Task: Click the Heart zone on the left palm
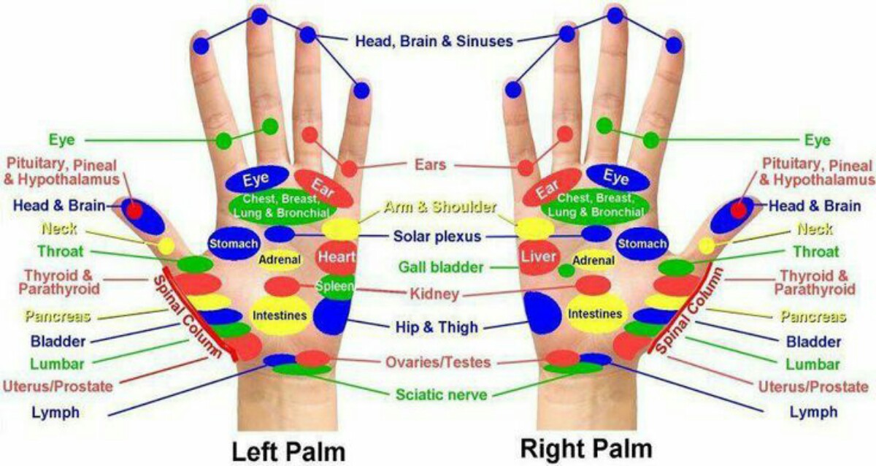point(337,257)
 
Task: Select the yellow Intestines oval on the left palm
point(280,315)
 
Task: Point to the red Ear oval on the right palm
point(552,188)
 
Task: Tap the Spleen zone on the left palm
point(336,286)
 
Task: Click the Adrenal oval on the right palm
point(593,259)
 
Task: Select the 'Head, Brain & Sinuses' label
point(434,41)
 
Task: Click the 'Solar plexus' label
point(437,236)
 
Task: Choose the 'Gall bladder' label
point(440,267)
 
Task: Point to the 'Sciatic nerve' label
point(441,394)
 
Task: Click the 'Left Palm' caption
point(288,450)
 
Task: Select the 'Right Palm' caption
point(586,447)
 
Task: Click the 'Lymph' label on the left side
point(55,412)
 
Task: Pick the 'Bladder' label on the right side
point(814,341)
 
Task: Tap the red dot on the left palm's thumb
point(134,210)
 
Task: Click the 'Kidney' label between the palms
point(435,294)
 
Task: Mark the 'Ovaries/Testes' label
point(437,362)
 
